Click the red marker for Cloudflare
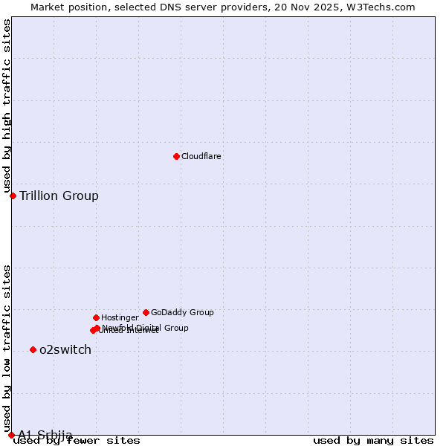pos(176,156)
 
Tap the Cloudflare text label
pos(201,156)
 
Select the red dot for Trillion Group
pos(13,195)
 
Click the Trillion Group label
pos(59,196)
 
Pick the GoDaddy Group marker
pos(146,312)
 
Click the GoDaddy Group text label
pos(182,312)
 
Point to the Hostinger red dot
pos(96,317)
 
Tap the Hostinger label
pos(120,317)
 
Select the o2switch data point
pos(33,349)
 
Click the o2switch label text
pos(65,350)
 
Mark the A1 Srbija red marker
pos(11,435)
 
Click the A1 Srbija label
pos(45,435)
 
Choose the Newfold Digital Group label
pos(146,328)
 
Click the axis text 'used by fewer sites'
pos(77,441)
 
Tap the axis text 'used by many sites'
pos(373,441)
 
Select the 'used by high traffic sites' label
pos(7,106)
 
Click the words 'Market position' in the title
pos(65,7)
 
